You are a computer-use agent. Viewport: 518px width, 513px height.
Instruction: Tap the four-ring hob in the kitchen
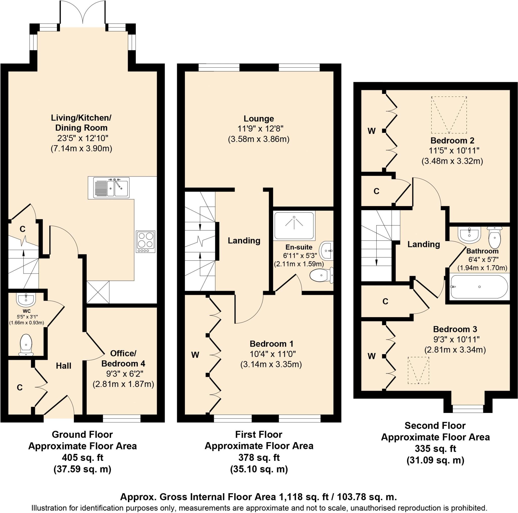coord(146,241)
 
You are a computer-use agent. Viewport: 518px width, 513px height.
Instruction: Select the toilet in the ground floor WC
coord(26,344)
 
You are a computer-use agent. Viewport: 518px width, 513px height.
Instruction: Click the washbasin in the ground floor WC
coord(26,299)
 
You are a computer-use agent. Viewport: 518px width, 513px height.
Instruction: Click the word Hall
coord(63,365)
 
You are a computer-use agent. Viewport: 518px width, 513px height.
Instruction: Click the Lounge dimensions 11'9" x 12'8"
coord(260,129)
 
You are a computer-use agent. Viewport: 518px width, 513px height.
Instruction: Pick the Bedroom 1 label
coord(272,344)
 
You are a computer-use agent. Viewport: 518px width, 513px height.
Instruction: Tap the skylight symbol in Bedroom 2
coord(448,115)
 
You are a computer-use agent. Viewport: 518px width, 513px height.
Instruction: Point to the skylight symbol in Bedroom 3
coord(419,370)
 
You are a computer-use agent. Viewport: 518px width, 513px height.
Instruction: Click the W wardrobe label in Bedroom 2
coord(371,131)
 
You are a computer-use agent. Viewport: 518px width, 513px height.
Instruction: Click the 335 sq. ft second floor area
coord(435,448)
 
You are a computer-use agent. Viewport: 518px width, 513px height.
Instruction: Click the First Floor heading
coord(259,434)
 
